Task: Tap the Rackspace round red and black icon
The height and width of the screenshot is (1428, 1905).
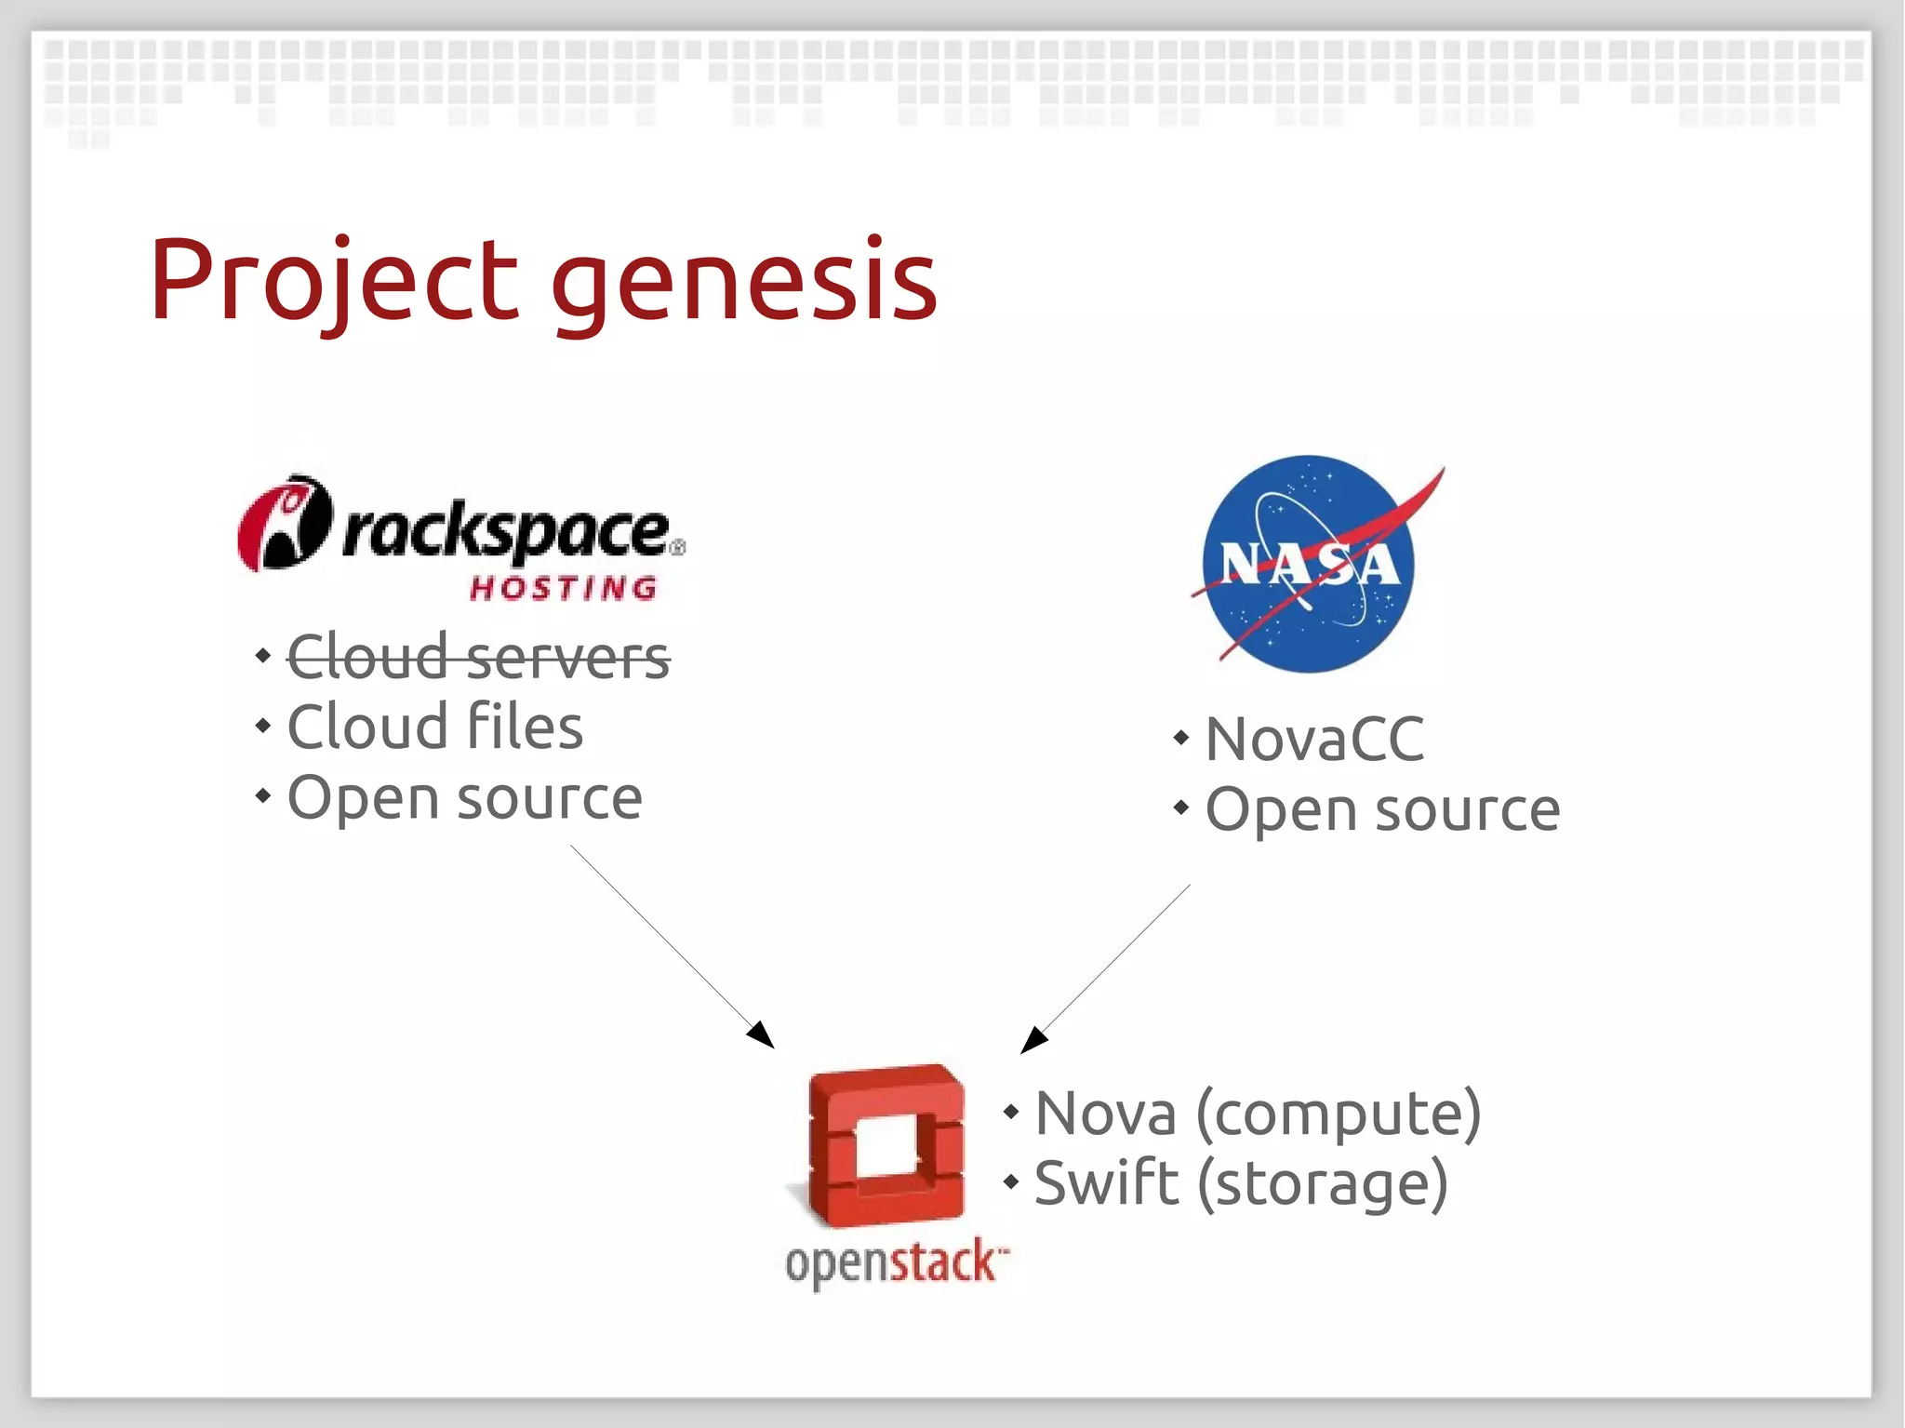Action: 284,523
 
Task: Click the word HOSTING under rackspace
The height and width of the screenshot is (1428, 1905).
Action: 564,588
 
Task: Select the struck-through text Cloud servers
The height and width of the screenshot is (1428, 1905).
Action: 478,657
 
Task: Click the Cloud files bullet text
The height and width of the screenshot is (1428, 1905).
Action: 434,727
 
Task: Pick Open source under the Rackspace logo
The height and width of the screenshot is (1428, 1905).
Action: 464,798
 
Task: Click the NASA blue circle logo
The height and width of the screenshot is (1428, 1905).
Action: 1309,564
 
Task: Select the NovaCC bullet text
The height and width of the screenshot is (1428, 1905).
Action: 1314,740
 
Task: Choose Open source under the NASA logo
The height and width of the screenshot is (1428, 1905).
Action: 1382,809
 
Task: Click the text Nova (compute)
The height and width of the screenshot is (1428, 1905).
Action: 1258,1114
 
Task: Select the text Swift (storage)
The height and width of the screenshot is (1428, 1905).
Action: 1241,1183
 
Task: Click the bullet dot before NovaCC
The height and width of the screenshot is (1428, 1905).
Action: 1180,739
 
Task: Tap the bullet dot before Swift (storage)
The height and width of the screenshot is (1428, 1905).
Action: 1011,1182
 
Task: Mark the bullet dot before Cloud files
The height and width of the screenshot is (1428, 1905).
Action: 263,726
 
